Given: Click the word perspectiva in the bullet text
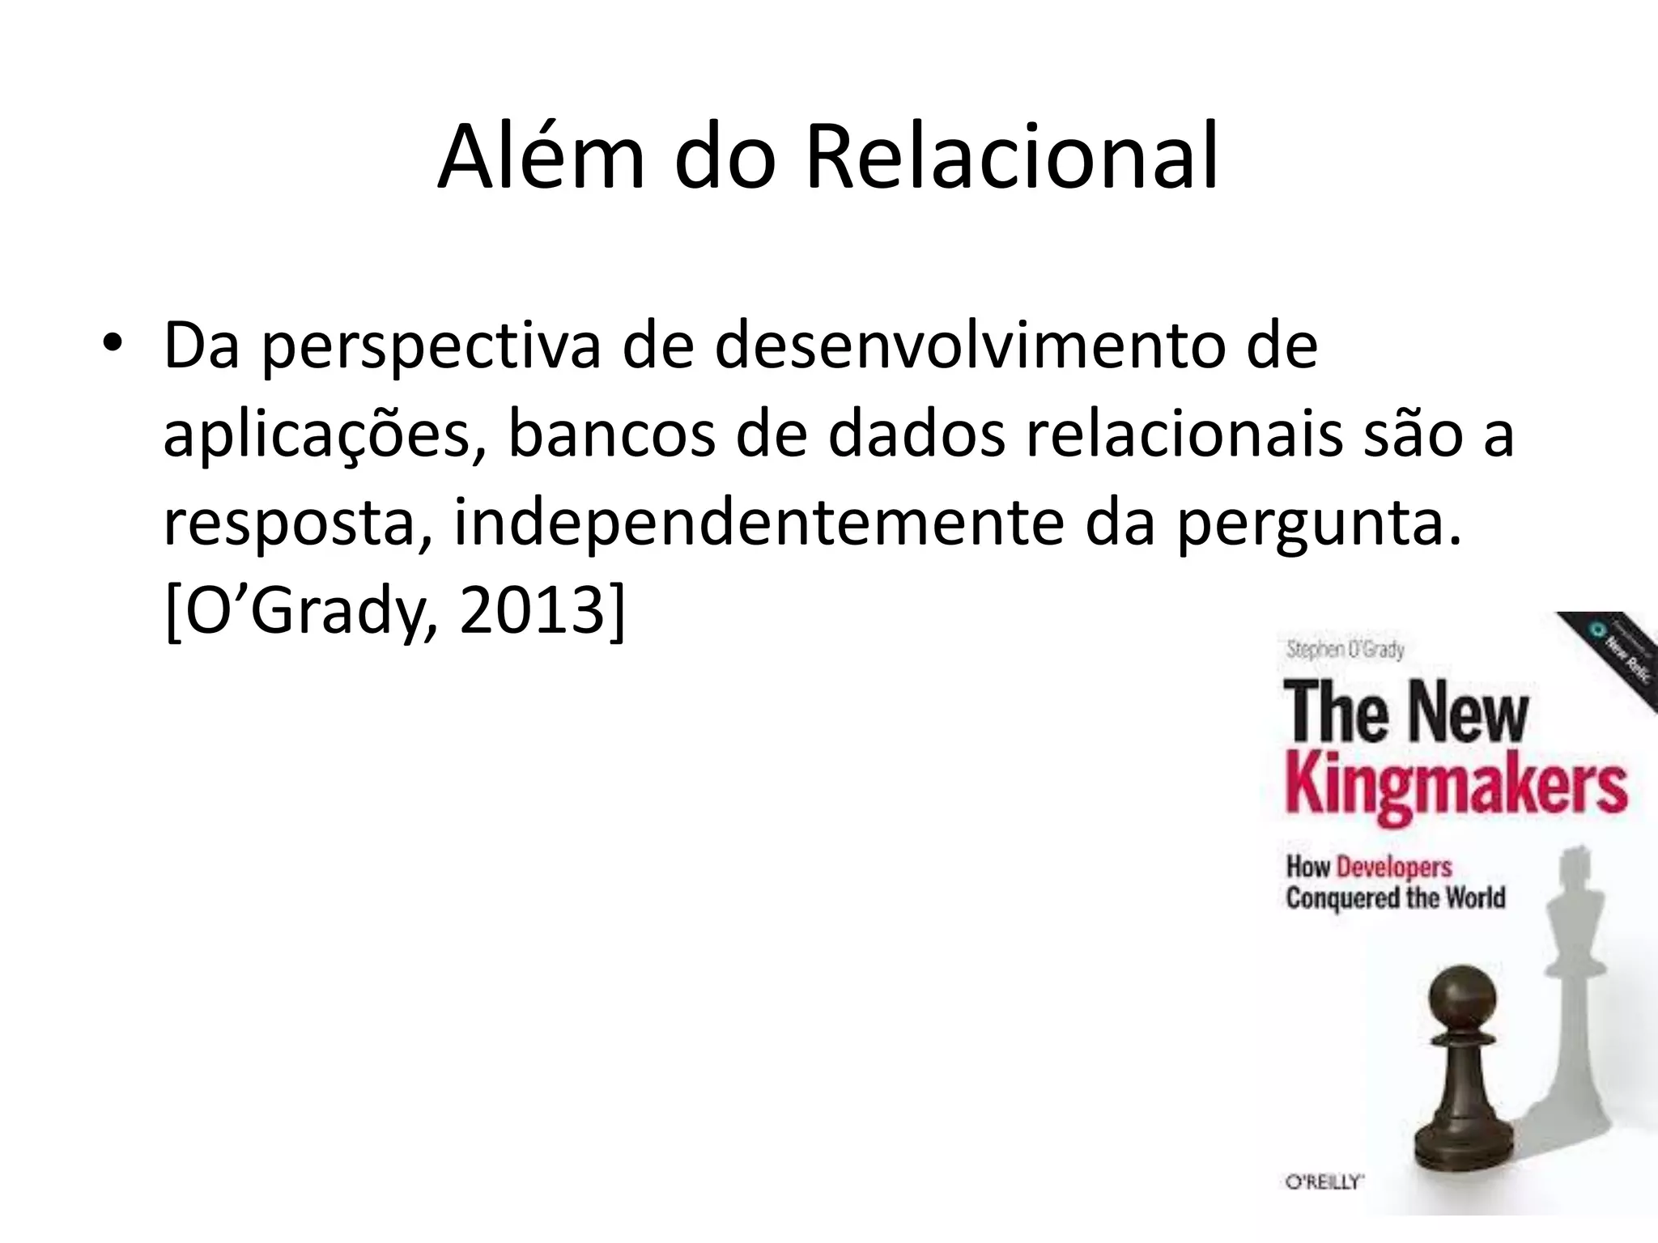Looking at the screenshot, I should pyautogui.click(x=432, y=347).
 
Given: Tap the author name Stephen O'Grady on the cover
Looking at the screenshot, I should pyautogui.click(x=1345, y=650).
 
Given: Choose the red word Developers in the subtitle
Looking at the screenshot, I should pyautogui.click(x=1394, y=868).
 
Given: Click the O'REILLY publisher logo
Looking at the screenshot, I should pyautogui.click(x=1324, y=1182).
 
